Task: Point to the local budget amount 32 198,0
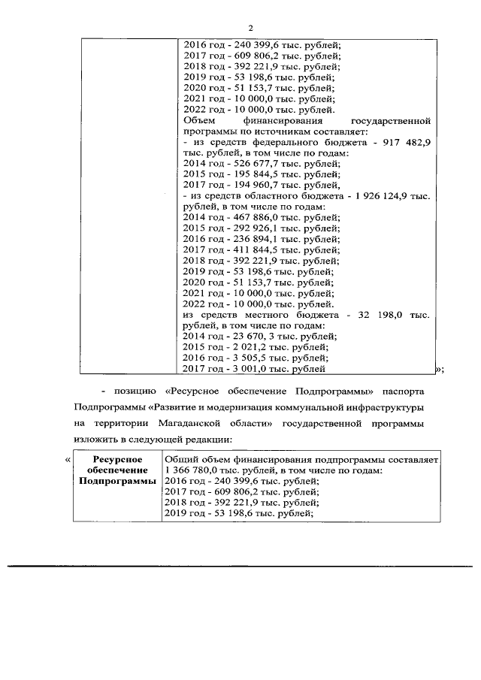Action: click(x=378, y=316)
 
